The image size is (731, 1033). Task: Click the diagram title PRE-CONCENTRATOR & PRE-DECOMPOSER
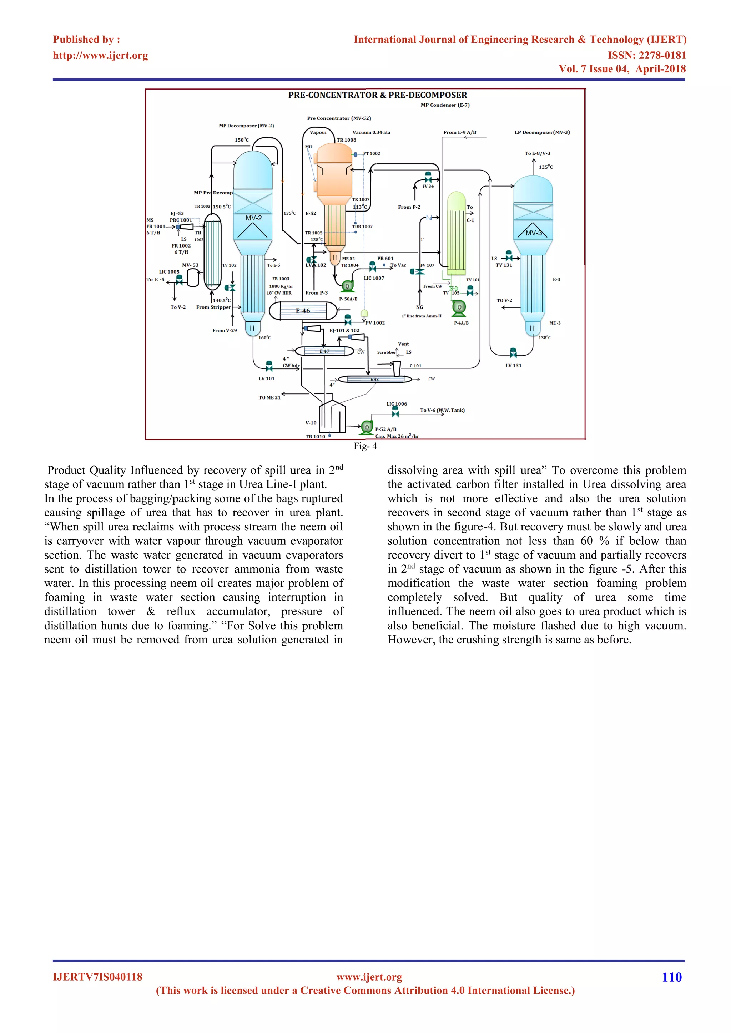click(x=377, y=95)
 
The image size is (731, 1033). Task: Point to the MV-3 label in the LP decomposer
click(x=534, y=233)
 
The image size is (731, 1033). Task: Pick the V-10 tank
click(x=332, y=416)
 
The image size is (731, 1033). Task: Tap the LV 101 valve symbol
click(x=269, y=367)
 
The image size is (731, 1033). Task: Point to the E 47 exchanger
click(x=324, y=351)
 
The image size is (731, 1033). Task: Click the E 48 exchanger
click(x=374, y=379)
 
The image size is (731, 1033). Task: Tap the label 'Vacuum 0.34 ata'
click(x=371, y=132)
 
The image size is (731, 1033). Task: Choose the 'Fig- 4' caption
click(x=365, y=446)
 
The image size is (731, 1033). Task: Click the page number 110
click(x=672, y=977)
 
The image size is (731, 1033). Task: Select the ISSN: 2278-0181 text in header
click(x=646, y=55)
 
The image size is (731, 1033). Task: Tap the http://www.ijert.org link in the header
click(x=100, y=55)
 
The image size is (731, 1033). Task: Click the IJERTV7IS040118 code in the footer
click(x=98, y=977)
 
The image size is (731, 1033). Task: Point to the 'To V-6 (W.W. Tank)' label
click(x=442, y=410)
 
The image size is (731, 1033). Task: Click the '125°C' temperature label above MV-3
click(x=545, y=167)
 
